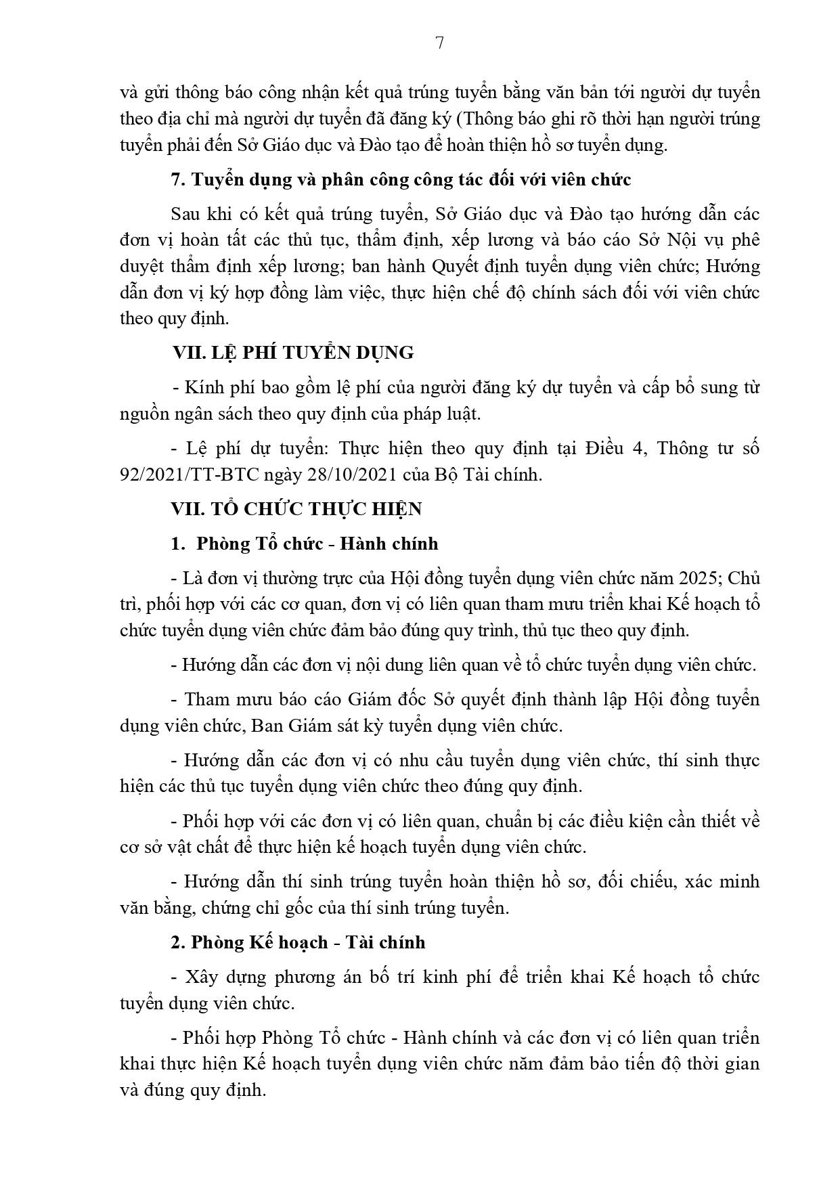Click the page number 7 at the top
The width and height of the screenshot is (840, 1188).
[439, 43]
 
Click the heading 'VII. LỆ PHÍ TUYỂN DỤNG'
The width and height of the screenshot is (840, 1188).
[292, 353]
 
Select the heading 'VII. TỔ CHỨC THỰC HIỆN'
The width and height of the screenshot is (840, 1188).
[296, 509]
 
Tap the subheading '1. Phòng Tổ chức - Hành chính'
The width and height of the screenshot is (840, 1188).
[305, 544]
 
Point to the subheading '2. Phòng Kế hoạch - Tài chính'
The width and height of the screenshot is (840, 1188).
[299, 942]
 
